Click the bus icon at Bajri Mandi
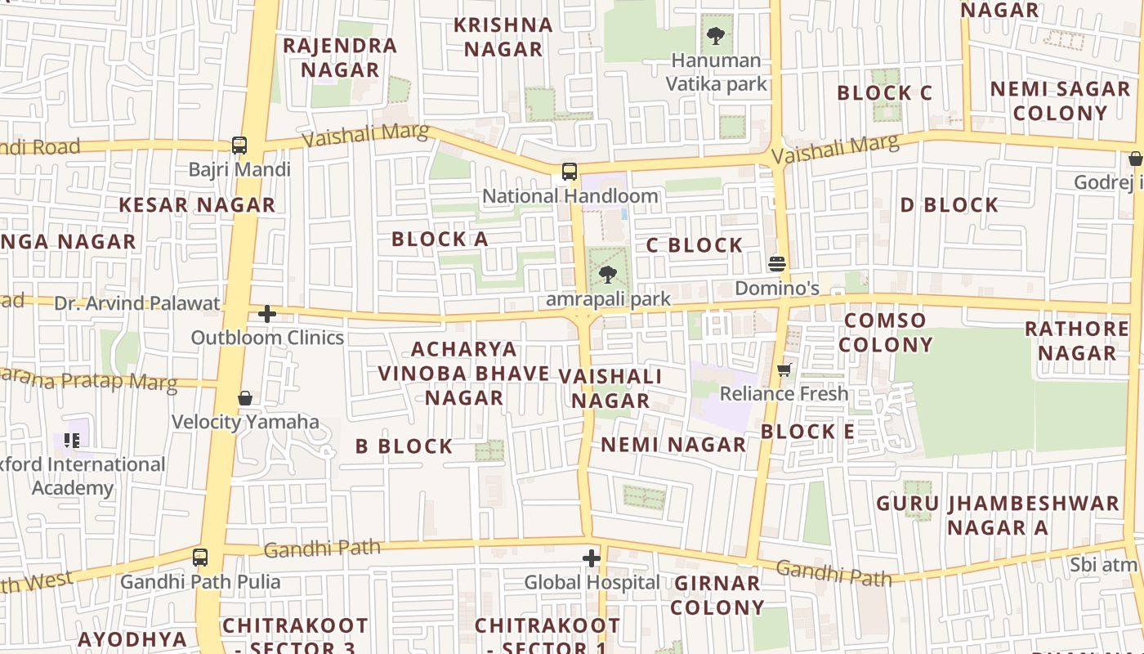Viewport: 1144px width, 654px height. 239,146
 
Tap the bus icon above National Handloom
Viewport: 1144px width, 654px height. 570,172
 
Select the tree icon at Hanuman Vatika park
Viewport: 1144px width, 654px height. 716,35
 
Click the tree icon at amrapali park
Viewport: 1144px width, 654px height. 608,275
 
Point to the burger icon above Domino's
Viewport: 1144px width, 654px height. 776,264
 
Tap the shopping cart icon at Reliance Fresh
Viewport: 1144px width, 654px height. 784,370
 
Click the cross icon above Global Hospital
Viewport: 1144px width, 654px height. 592,558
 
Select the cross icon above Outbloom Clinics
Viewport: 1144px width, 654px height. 267,314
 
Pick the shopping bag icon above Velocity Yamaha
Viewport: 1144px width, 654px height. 245,398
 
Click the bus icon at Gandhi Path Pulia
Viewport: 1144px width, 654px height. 200,558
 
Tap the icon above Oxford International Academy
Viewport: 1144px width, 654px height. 72,441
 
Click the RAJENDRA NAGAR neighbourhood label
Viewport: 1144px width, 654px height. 340,57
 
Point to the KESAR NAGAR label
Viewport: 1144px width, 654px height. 198,204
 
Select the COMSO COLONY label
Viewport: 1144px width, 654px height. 886,332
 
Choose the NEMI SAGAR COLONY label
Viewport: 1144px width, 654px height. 1060,101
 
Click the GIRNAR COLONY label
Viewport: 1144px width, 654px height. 717,595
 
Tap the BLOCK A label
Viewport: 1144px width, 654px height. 440,239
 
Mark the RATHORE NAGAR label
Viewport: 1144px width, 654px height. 1077,340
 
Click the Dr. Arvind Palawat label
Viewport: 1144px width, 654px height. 137,303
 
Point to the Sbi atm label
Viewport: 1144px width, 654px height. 1103,564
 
